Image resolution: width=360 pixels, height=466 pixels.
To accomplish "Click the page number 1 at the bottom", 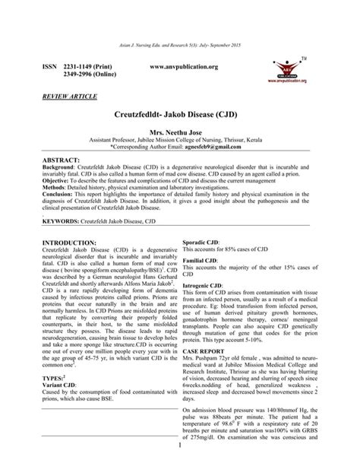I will click(179, 455).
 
